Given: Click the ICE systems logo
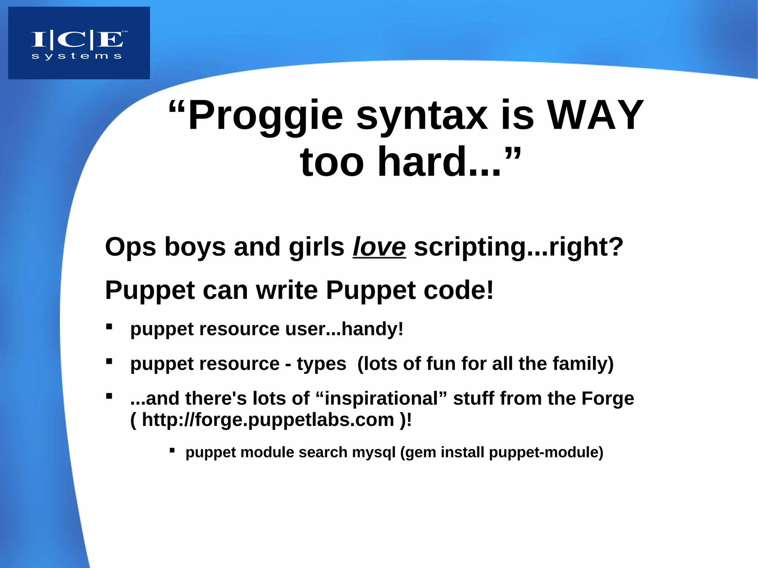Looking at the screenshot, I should tap(79, 43).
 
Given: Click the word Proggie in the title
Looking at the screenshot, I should tap(265, 115).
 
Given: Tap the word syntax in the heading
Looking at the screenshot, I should tap(422, 115).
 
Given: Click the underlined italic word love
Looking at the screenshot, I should tap(379, 247).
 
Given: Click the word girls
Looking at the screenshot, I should tap(316, 247).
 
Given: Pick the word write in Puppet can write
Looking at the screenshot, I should tap(287, 290).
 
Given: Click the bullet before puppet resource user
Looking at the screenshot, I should tap(109, 326).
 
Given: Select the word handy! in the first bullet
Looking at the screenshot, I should tap(372, 329).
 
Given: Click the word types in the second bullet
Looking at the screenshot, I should tap(321, 364).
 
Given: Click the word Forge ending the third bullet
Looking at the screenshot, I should tap(607, 399).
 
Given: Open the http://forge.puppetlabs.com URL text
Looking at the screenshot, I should tap(268, 420).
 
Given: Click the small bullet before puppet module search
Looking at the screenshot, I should tap(172, 450).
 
